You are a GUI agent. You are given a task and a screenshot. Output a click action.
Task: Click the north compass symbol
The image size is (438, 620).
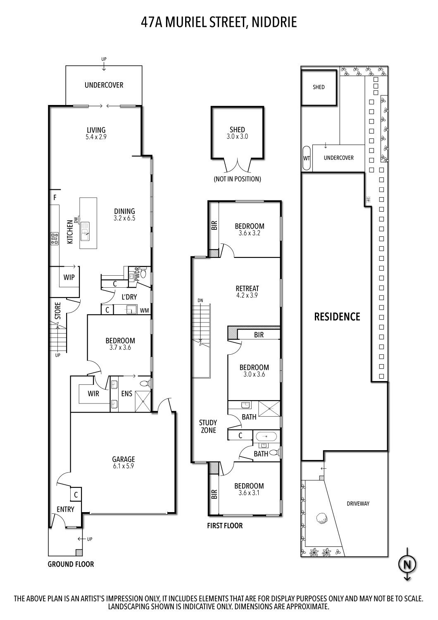click(407, 564)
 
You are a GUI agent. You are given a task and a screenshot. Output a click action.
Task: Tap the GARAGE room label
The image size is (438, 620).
click(124, 459)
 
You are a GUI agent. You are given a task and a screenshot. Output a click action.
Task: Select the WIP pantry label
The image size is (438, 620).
click(69, 277)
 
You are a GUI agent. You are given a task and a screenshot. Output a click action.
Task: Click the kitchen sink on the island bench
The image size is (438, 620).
click(85, 230)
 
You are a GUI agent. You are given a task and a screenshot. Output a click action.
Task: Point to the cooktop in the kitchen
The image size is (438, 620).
click(54, 239)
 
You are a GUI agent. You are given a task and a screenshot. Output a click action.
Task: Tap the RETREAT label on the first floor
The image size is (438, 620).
click(247, 289)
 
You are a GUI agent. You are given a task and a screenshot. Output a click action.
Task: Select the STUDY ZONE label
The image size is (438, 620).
click(208, 427)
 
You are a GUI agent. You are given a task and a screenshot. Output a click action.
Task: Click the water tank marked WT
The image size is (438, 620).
click(307, 158)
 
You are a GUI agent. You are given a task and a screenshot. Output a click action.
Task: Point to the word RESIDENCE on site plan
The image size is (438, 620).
click(337, 317)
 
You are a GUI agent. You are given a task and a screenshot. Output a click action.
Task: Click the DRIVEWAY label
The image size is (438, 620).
click(358, 503)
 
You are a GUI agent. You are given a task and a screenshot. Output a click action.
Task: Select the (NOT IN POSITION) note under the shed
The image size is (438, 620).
click(237, 179)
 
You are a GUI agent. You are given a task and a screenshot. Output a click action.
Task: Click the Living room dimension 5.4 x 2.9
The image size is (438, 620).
click(96, 137)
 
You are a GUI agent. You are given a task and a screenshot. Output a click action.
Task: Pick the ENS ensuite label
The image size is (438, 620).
click(127, 393)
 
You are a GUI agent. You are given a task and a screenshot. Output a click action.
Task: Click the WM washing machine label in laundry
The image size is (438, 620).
click(144, 310)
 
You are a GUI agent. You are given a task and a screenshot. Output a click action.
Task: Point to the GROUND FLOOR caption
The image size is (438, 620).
click(71, 564)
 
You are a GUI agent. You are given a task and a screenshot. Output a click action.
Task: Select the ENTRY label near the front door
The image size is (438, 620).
click(65, 509)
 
